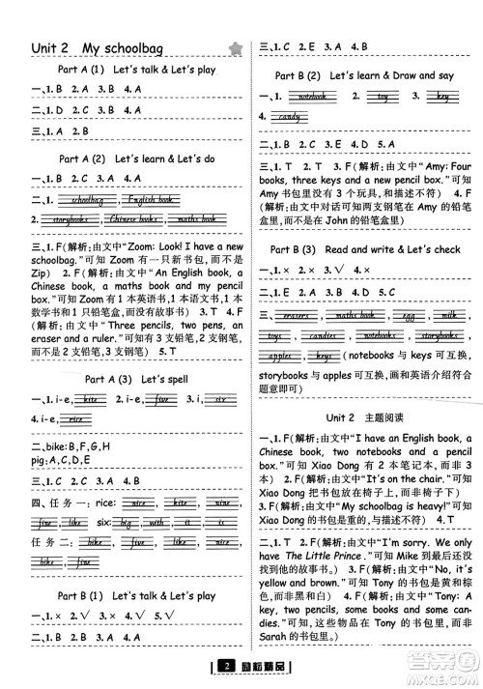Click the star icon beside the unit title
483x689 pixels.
tap(233, 48)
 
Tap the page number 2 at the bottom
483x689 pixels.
tap(223, 666)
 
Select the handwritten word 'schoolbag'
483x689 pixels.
tap(88, 200)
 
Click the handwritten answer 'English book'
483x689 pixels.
tap(150, 200)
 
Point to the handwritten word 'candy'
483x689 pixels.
tap(288, 117)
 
